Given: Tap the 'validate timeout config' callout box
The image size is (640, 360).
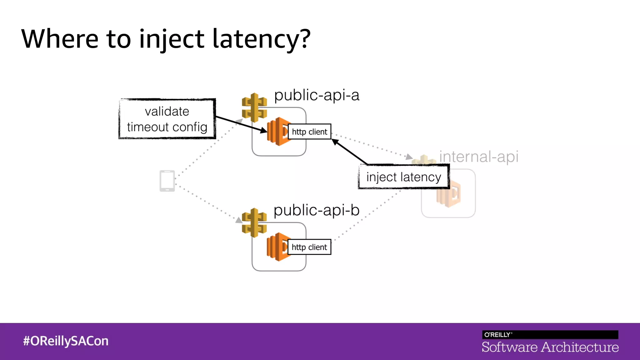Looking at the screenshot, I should tap(167, 119).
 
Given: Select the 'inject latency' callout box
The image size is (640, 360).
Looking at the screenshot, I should tap(403, 177).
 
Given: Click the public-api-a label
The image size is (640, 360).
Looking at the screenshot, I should tap(317, 95).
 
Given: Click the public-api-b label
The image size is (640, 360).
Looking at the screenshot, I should tap(316, 210).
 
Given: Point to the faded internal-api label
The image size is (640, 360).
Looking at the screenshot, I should tap(479, 157).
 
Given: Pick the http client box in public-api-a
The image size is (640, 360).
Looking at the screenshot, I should tap(309, 132).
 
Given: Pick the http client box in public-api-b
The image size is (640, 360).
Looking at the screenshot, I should tap(309, 247).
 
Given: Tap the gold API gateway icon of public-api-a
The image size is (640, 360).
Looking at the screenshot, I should tap(254, 107).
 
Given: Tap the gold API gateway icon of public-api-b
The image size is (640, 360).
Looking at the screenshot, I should tap(254, 222).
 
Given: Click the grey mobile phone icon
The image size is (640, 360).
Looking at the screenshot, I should tap(167, 181).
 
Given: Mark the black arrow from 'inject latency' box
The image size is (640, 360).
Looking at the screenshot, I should tap(349, 152).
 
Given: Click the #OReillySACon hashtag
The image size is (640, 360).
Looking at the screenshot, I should tap(66, 341).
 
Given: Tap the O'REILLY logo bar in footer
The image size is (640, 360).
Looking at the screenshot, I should tap(550, 334).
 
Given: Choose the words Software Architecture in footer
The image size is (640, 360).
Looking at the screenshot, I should tap(550, 347).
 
